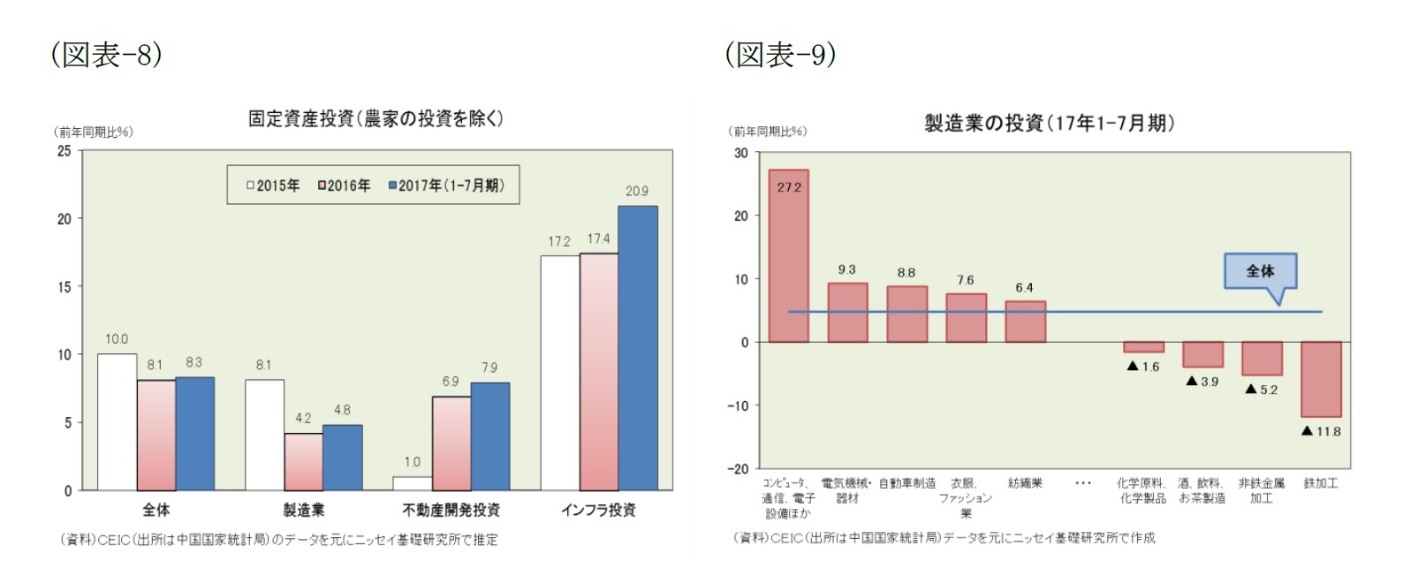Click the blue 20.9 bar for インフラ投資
tap(637, 348)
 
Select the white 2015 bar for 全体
tap(117, 422)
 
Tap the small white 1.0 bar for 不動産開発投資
tap(413, 483)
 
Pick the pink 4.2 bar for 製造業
tap(303, 462)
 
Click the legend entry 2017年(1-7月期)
tap(446, 186)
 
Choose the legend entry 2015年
tap(273, 186)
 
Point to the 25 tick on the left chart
tap(64, 151)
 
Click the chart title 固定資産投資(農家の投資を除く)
tap(375, 118)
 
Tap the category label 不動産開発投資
tap(451, 510)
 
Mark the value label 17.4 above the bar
tap(598, 239)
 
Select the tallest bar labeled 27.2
tap(788, 256)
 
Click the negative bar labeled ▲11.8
tap(1321, 379)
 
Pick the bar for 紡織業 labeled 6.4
tap(1025, 322)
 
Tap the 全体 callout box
tap(1260, 271)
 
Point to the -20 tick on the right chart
tap(738, 469)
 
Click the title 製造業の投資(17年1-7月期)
tap(1050, 123)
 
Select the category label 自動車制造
tap(906, 483)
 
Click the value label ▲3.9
tap(1202, 382)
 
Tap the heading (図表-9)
tap(780, 55)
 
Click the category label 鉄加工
tap(1321, 483)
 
